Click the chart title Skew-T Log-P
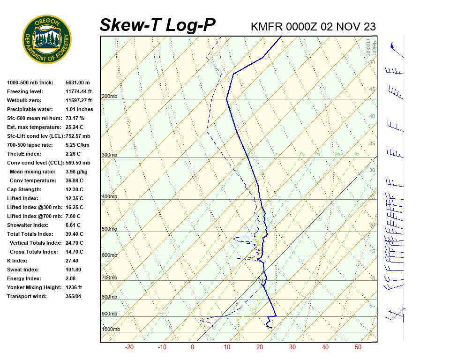pos(157,25)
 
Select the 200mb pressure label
pos(109,97)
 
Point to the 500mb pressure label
pos(109,229)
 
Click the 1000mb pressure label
pos(111,329)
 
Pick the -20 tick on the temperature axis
pos(129,347)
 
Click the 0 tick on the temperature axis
pos(192,347)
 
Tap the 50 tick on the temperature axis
pos(358,347)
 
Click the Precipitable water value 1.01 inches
pos(79,109)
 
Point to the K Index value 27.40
pos(72,261)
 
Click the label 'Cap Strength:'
pos(24,189)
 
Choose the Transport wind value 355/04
pos(73,296)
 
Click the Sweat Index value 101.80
pos(74,270)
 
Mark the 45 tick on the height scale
pos(372,90)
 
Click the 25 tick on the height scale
pos(372,197)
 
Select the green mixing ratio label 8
pos(357,154)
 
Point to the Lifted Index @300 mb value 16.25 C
pos(74,207)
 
